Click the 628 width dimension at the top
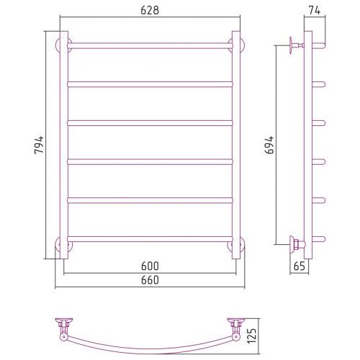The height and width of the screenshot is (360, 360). pyautogui.click(x=150, y=10)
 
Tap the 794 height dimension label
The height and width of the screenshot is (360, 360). pyautogui.click(x=39, y=145)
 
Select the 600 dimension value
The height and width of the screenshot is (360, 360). pyautogui.click(x=150, y=266)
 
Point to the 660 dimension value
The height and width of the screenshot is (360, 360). pyautogui.click(x=150, y=280)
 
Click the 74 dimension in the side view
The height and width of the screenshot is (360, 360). pyautogui.click(x=314, y=10)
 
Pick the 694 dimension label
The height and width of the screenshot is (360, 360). pyautogui.click(x=269, y=145)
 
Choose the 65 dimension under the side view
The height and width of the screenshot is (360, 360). pyautogui.click(x=299, y=266)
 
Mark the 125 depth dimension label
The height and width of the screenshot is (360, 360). pyautogui.click(x=252, y=336)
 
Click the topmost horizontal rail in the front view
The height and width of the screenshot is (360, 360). pyautogui.click(x=150, y=45)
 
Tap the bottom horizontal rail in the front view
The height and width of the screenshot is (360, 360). pyautogui.click(x=150, y=239)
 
